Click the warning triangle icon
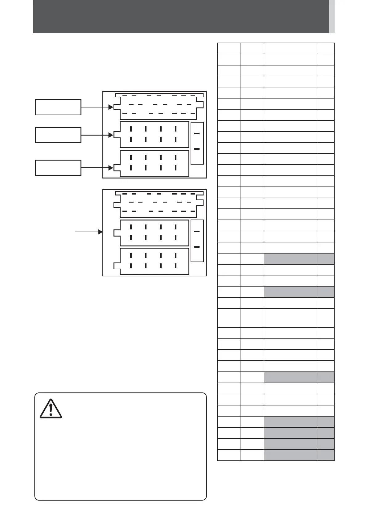[51, 409]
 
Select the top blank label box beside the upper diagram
[58, 107]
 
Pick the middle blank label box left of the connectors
[58, 135]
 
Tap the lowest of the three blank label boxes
[58, 168]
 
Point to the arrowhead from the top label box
[111, 107]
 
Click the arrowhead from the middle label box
[111, 135]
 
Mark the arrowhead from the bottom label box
[111, 168]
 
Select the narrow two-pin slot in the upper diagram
[197, 143]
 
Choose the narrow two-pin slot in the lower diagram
[197, 241]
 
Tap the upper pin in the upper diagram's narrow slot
[197, 134]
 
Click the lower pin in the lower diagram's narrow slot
[197, 247]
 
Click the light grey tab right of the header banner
[332, 16]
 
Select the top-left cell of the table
[229, 48]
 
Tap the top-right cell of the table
[326, 48]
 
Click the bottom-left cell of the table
[229, 455]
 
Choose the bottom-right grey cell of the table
[326, 455]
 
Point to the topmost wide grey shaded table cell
[291, 258]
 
